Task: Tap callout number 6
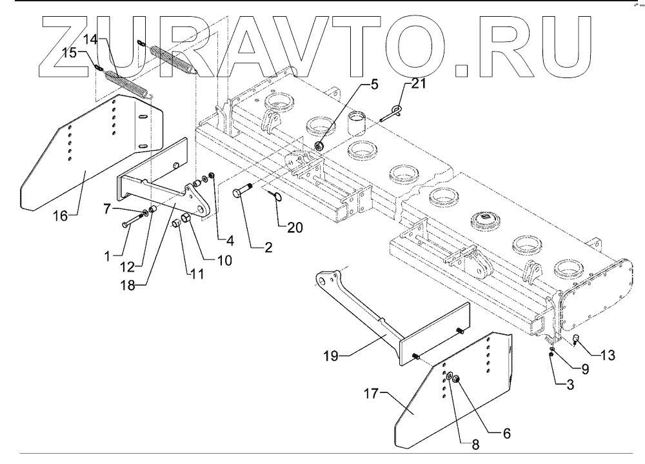(x=506, y=434)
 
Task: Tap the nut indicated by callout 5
(x=319, y=146)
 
